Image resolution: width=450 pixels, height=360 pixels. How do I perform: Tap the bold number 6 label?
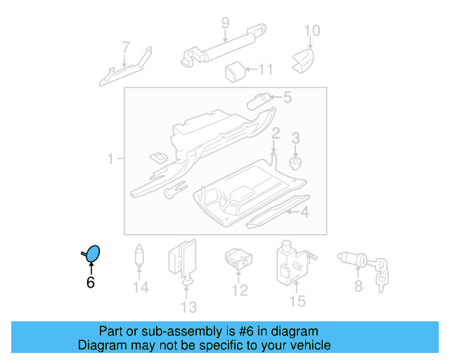(90, 283)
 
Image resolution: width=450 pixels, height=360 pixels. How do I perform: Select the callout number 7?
(126, 49)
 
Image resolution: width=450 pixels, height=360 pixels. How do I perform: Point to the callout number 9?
(225, 23)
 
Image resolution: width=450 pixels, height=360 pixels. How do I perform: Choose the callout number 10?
(311, 30)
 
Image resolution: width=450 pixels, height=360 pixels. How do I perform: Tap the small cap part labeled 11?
(234, 70)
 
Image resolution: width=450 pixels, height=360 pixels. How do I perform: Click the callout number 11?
(264, 70)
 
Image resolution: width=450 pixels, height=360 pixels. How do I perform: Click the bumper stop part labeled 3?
(296, 164)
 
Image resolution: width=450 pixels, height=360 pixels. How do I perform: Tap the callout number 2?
(276, 133)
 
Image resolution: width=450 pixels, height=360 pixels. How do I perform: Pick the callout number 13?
(188, 307)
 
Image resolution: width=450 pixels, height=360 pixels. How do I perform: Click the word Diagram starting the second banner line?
(100, 345)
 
